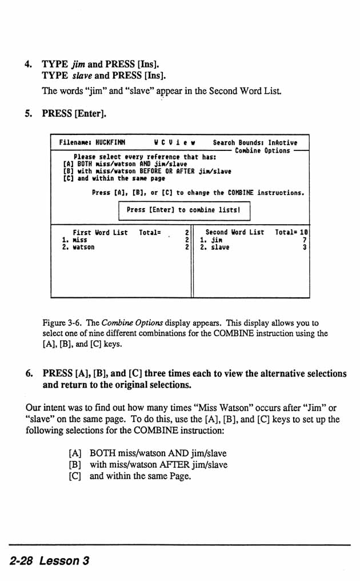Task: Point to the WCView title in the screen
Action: click(x=175, y=143)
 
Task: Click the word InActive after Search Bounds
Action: click(x=282, y=143)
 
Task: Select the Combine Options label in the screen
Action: click(x=262, y=150)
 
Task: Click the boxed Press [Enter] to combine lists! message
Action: click(x=184, y=210)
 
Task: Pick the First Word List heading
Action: click(x=100, y=233)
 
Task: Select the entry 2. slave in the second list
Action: click(x=214, y=248)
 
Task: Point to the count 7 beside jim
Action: click(x=305, y=240)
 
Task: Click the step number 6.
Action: click(x=29, y=373)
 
